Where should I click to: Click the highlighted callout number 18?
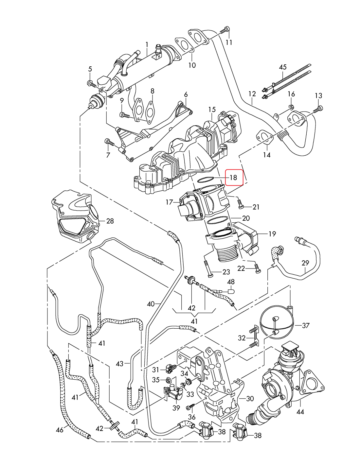(x=233, y=178)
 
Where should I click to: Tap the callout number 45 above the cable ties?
(x=282, y=67)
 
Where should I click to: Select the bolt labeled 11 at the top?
(x=225, y=30)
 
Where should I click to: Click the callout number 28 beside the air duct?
(x=110, y=221)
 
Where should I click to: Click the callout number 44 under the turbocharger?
(x=300, y=412)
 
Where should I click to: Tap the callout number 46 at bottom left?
(x=60, y=430)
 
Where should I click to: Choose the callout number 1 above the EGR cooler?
(x=147, y=44)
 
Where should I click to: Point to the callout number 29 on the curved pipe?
(x=305, y=263)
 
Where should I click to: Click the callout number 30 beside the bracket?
(x=250, y=399)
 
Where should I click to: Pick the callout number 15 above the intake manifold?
(x=212, y=109)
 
